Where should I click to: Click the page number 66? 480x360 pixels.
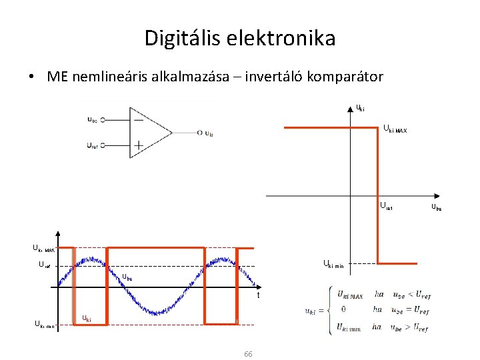pyautogui.click(x=247, y=353)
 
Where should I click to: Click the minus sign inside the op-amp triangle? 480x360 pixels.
pyautogui.click(x=139, y=120)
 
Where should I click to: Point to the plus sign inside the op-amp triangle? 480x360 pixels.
pyautogui.click(x=139, y=144)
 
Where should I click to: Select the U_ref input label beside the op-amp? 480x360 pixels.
pyautogui.click(x=92, y=145)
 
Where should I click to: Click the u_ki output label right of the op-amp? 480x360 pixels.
pyautogui.click(x=209, y=133)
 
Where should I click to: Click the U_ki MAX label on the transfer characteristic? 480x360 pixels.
pyautogui.click(x=394, y=129)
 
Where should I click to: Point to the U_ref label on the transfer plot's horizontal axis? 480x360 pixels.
pyautogui.click(x=386, y=207)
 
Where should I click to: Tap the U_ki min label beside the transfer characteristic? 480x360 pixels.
pyautogui.click(x=333, y=265)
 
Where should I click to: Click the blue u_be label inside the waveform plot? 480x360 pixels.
pyautogui.click(x=127, y=277)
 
